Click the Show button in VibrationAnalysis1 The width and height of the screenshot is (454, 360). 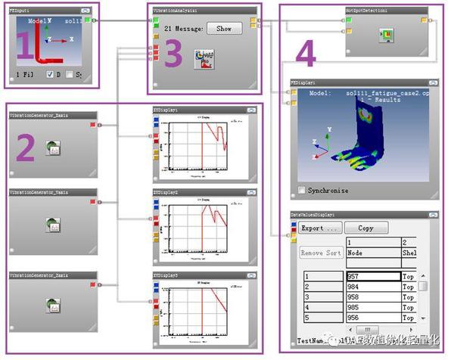(x=224, y=28)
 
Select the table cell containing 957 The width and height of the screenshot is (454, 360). (x=372, y=277)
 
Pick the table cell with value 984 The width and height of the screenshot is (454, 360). (x=372, y=287)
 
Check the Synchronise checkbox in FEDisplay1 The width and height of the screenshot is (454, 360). (x=303, y=190)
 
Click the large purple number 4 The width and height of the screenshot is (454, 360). (x=305, y=54)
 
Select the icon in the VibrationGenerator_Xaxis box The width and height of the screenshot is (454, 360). (x=54, y=147)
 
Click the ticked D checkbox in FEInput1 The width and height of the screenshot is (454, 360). (x=49, y=74)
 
